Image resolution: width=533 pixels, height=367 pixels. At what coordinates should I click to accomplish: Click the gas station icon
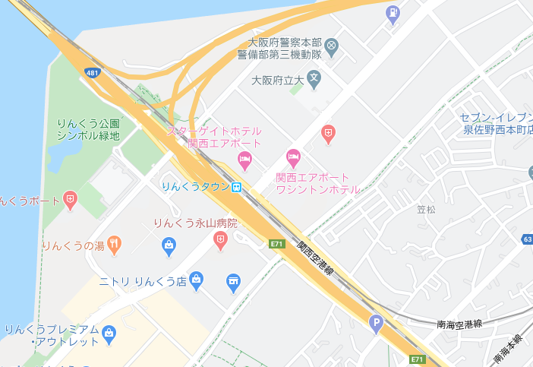393,13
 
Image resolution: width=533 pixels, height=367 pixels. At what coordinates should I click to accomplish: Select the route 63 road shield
527,239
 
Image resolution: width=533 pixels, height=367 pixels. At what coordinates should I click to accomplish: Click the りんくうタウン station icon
238,186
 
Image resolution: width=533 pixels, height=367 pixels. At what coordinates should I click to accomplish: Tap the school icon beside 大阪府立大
314,78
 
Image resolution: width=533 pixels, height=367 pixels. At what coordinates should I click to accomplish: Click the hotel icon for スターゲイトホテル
244,160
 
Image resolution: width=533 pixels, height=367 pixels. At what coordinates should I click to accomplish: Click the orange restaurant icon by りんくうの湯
115,244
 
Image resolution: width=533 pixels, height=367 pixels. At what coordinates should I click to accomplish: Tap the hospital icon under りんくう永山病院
220,242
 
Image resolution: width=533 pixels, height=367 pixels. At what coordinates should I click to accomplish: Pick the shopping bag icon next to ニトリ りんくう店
197,280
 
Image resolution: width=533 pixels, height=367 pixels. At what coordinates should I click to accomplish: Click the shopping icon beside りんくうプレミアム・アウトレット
109,333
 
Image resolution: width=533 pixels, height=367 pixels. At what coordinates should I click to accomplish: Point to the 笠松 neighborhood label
427,209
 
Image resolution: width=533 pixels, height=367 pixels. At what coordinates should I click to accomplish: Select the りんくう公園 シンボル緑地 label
88,129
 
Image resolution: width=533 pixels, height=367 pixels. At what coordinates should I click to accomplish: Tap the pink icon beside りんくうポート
71,201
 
